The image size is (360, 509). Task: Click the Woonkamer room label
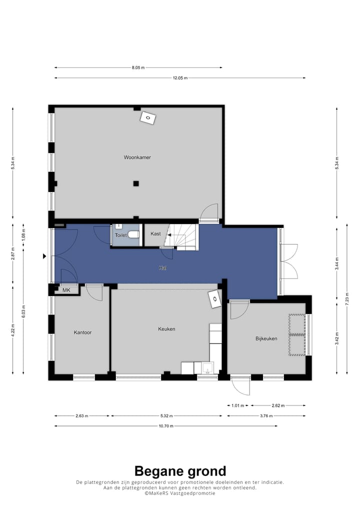coord(137,157)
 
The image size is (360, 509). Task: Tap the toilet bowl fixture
coord(133,234)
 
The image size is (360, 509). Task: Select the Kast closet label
coord(155,233)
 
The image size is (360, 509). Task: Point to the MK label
coord(66,290)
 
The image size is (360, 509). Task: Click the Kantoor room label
coord(82,332)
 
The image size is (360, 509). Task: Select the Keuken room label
coord(166,329)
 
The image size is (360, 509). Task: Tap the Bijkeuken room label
coord(266,338)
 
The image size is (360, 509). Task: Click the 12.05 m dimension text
coord(180,78)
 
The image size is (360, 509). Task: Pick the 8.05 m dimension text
coord(138,67)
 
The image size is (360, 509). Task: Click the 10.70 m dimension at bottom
coord(165,426)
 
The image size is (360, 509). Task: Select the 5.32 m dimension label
coord(166,415)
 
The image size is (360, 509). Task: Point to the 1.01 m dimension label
coord(238,405)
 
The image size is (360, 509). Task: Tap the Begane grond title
coord(180,470)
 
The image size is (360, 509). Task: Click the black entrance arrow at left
coord(44,256)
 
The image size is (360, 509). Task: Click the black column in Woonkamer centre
coord(135,183)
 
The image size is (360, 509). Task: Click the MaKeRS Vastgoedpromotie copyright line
coord(180,493)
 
